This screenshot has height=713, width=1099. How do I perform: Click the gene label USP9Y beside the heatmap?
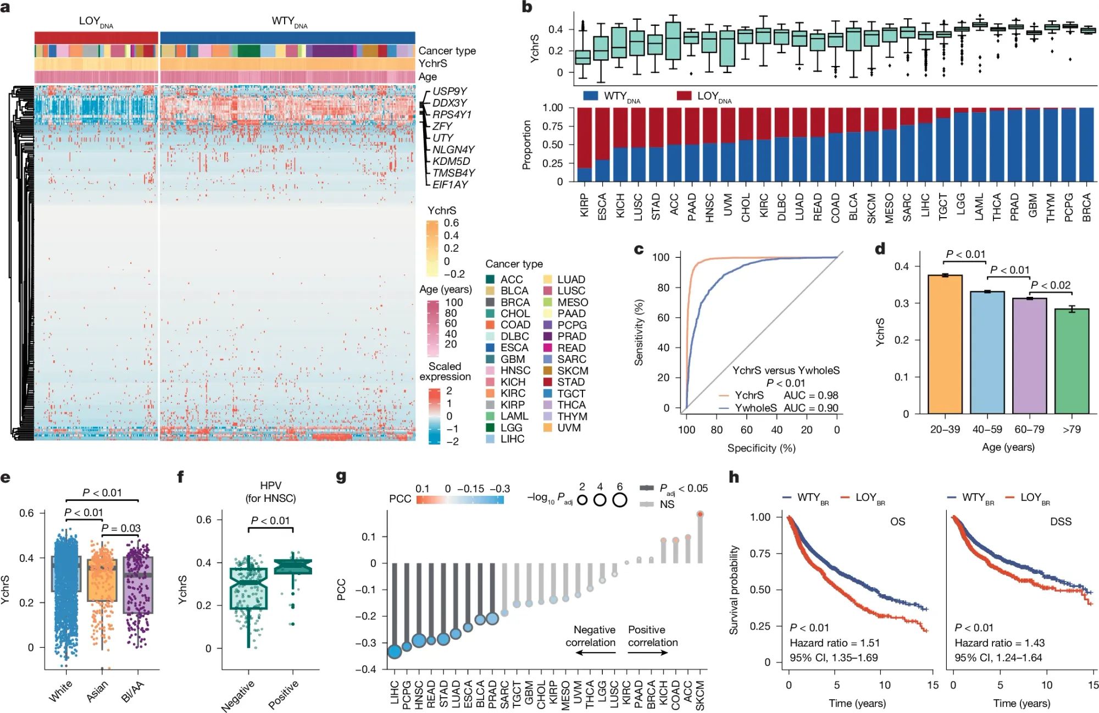449,91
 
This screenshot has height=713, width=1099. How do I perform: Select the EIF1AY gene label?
449,185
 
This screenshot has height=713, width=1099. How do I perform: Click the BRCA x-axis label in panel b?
1086,207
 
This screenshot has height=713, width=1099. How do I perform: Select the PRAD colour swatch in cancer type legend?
547,336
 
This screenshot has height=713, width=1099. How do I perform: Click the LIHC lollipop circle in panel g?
394,652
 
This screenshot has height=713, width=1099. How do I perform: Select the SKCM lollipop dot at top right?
700,514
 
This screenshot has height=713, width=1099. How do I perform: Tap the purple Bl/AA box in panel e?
137,585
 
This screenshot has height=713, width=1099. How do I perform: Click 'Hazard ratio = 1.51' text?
834,643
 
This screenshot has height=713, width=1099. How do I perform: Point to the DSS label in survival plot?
1060,521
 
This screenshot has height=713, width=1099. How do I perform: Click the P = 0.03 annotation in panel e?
121,528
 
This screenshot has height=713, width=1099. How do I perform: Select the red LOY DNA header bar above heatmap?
96,37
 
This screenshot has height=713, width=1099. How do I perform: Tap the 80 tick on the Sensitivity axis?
663,288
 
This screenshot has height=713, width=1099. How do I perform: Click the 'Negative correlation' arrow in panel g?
595,653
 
